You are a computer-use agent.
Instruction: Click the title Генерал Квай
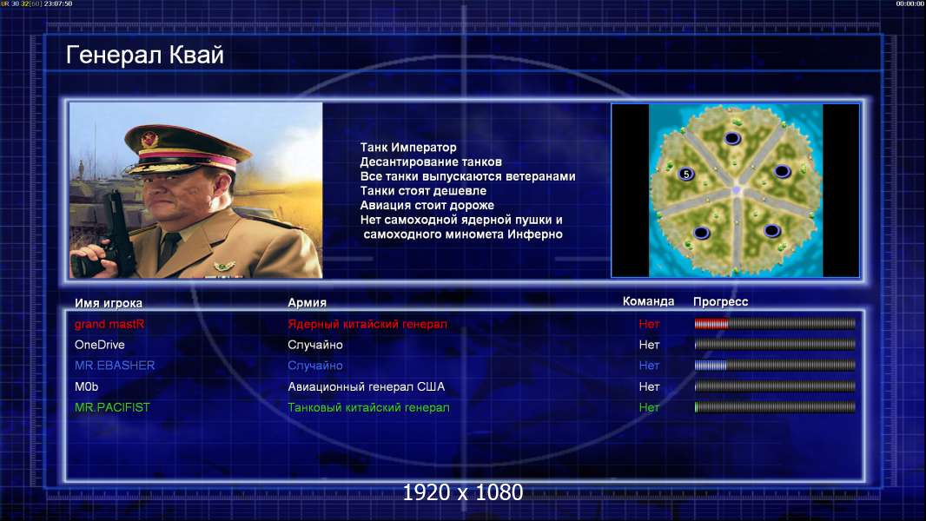[x=145, y=55]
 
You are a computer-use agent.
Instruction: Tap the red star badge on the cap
[x=149, y=140]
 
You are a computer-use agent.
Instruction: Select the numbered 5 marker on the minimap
[x=685, y=174]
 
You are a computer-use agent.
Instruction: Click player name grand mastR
[x=109, y=324]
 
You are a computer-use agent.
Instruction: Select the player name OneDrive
[x=99, y=345]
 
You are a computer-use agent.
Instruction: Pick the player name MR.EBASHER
[x=115, y=366]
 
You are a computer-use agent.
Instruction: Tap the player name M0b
[x=86, y=386]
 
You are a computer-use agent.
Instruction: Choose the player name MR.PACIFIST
[x=112, y=407]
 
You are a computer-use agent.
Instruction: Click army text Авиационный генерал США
[x=367, y=386]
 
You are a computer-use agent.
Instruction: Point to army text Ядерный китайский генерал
[x=367, y=324]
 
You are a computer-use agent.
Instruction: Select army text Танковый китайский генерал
[x=368, y=407]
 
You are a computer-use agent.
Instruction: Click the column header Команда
[x=648, y=301]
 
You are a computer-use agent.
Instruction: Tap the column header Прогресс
[x=720, y=302]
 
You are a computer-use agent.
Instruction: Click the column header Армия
[x=308, y=302]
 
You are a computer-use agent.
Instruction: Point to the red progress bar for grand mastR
[x=711, y=323]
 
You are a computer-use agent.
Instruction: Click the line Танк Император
[x=408, y=147]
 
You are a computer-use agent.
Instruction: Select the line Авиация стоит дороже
[x=427, y=205]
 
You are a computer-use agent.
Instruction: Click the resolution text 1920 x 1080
[x=463, y=492]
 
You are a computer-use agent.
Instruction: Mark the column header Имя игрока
[x=108, y=303]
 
